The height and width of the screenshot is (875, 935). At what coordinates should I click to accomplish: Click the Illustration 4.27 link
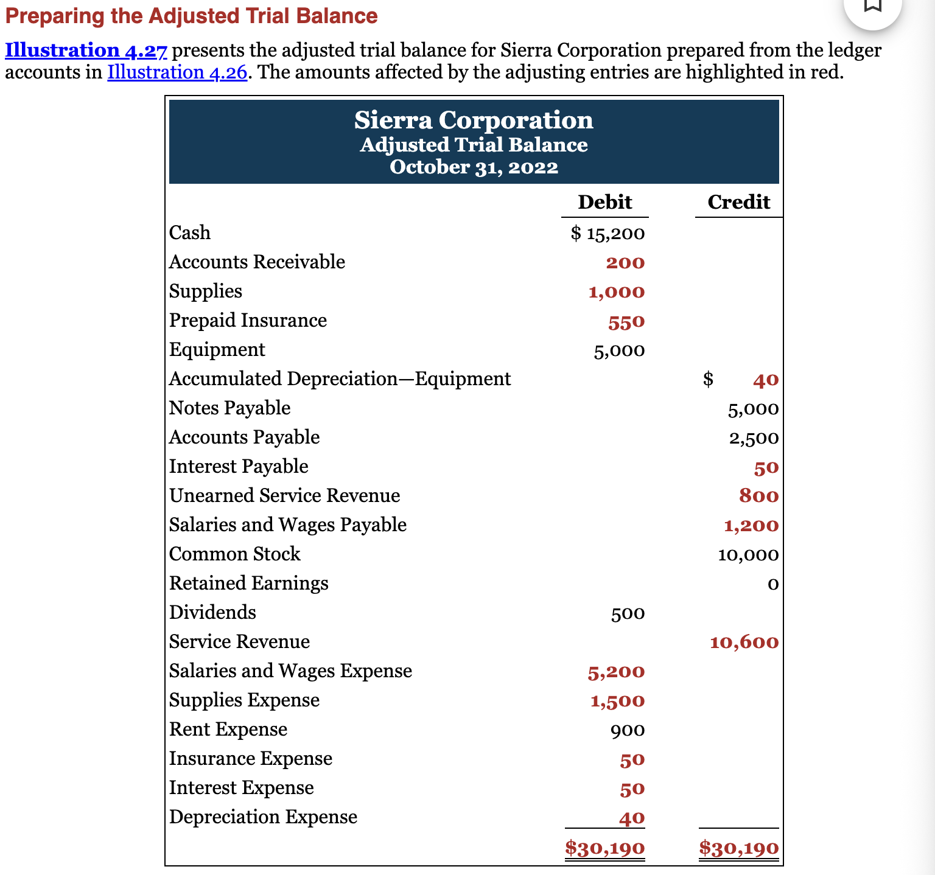click(86, 51)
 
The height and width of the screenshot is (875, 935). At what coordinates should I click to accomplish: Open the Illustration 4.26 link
click(177, 72)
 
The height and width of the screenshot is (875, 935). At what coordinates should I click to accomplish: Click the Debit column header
click(604, 202)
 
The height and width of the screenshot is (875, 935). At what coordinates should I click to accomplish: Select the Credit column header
click(738, 202)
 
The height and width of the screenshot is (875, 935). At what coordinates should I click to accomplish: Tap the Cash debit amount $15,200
click(608, 233)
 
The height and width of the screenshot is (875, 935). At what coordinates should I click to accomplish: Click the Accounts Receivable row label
click(257, 262)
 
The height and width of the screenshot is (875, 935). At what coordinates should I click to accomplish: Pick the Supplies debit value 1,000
click(616, 292)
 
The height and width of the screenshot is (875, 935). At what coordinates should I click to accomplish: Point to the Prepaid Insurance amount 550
click(626, 321)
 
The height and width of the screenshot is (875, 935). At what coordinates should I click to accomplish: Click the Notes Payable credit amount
click(753, 409)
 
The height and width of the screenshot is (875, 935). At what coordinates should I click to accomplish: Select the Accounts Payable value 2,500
click(754, 438)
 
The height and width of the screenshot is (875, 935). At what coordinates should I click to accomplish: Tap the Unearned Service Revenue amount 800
click(758, 496)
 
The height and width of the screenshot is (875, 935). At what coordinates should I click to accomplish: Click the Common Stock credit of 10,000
click(748, 555)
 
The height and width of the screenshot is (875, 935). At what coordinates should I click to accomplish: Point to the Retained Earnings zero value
click(772, 584)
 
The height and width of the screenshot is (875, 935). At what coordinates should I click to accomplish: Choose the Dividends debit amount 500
click(628, 613)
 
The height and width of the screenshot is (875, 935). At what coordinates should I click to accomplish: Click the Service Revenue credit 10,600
click(744, 643)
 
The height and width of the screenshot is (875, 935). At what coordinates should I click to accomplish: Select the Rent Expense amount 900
click(628, 730)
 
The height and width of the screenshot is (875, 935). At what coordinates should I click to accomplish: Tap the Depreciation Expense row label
click(263, 817)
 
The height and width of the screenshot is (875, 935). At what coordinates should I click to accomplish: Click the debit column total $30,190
click(604, 848)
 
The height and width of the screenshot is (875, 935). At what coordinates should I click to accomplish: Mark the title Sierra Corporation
click(474, 120)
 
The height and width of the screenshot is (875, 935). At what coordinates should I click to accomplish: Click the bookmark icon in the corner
click(873, 6)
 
